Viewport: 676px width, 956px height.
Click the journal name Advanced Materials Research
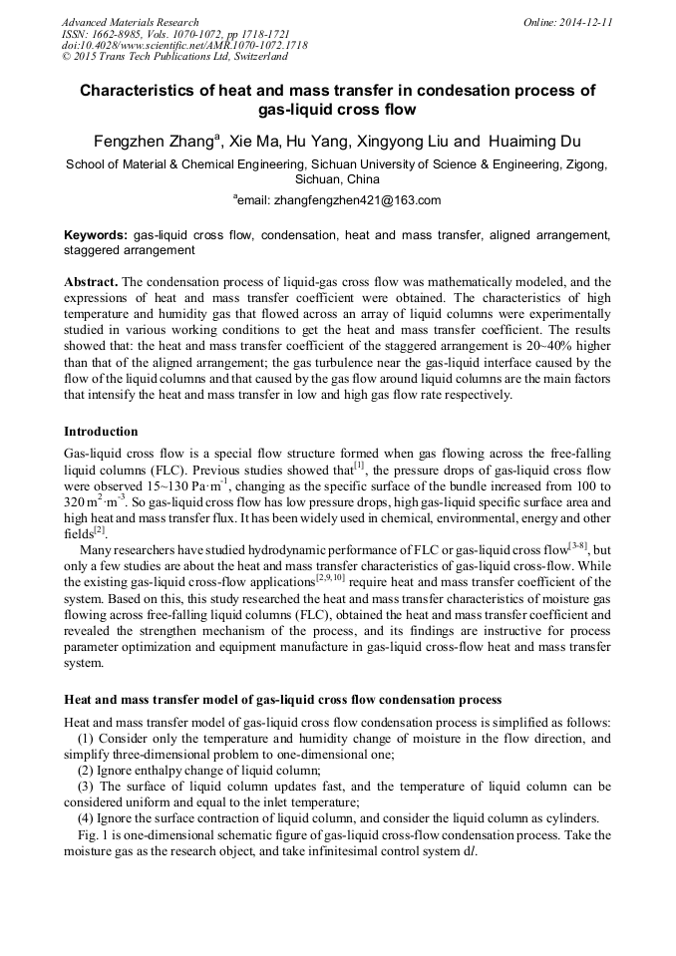point(130,22)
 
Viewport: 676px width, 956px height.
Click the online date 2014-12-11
point(583,22)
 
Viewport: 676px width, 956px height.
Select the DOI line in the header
point(184,45)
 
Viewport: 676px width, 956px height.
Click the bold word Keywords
point(95,235)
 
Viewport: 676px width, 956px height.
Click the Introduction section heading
point(101,432)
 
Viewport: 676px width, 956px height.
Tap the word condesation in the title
point(420,91)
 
